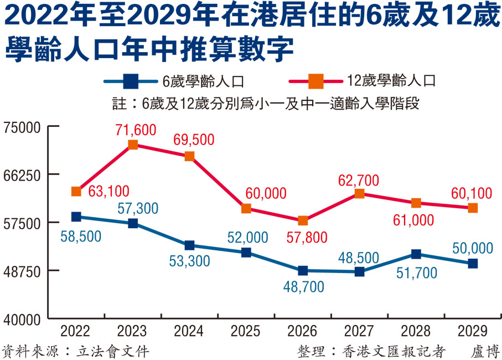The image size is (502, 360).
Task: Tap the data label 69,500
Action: (193, 140)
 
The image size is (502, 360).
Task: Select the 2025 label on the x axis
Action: (245, 331)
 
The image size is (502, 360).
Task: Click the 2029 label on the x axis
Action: (473, 331)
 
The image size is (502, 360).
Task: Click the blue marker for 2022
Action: (76, 217)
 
